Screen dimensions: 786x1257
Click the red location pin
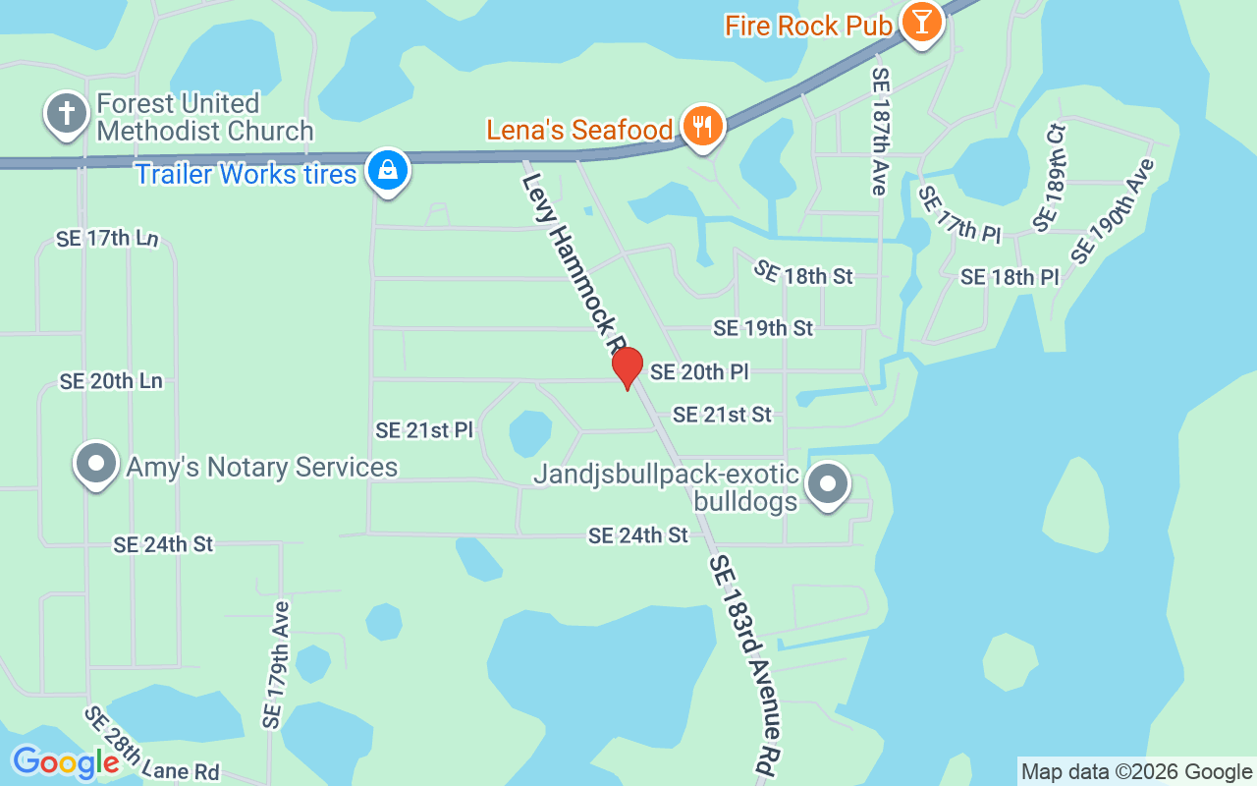coord(627,367)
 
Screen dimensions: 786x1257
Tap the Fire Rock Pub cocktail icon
coord(921,20)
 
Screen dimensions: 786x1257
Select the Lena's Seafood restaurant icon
coord(702,127)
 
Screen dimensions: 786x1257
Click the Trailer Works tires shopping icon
coord(388,171)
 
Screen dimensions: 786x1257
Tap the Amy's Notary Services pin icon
coord(96,464)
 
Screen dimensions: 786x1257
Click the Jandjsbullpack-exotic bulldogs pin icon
coord(828,484)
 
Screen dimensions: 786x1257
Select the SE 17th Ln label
coord(107,239)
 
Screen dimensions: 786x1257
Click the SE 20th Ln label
coord(111,381)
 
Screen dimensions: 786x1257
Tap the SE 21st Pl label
coord(424,430)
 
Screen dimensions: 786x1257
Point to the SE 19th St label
coord(763,328)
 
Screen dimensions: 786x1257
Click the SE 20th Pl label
coord(699,372)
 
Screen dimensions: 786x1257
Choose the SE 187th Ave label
coord(880,131)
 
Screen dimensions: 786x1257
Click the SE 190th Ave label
coord(1112,210)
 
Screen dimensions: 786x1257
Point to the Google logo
coord(66,762)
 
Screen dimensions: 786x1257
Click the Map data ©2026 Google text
coord(1136,772)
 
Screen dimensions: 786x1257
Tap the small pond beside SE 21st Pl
coord(530,432)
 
